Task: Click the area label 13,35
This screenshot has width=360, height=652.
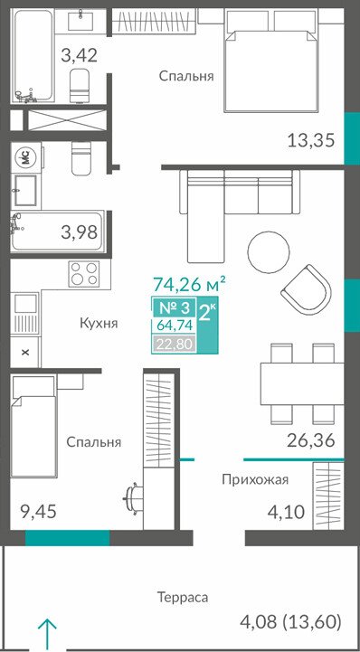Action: tap(311, 140)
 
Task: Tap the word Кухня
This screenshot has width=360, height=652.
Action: tap(99, 323)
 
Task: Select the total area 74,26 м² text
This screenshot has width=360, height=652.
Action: tap(190, 285)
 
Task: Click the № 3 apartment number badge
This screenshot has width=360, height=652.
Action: tap(175, 308)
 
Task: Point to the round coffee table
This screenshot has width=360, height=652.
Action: tap(268, 250)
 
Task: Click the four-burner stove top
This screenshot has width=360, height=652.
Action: tap(84, 273)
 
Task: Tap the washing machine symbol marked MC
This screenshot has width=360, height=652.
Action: tap(25, 157)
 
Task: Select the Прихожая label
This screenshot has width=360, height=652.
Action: tap(255, 480)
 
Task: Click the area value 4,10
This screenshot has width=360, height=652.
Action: tap(287, 511)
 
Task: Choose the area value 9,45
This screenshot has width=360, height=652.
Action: tap(38, 511)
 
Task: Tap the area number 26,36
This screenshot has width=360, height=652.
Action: tap(311, 439)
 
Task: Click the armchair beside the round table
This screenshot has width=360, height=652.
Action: tap(307, 286)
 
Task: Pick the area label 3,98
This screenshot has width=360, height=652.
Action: tap(79, 232)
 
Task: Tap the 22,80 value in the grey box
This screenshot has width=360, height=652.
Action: tap(175, 345)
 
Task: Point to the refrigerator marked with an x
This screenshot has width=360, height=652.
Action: tap(25, 352)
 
